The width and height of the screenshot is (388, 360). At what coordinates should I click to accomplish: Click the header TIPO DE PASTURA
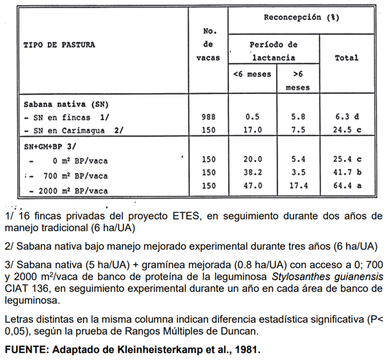(x=59, y=45)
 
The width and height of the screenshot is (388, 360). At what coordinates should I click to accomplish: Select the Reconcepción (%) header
(x=301, y=17)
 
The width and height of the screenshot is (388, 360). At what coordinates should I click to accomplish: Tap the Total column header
(x=346, y=58)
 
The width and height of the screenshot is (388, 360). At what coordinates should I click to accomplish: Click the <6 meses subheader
(x=252, y=74)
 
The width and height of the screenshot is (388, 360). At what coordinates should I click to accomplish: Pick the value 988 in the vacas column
(x=208, y=117)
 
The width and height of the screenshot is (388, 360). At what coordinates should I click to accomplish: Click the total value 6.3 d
(x=347, y=117)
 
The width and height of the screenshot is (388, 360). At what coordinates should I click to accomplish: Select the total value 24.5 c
(x=347, y=129)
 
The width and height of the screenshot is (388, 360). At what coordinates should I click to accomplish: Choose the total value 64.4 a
(x=347, y=186)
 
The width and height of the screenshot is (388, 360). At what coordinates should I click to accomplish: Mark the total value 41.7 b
(x=347, y=173)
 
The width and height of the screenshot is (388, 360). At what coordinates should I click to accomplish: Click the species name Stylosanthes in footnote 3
(x=292, y=276)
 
